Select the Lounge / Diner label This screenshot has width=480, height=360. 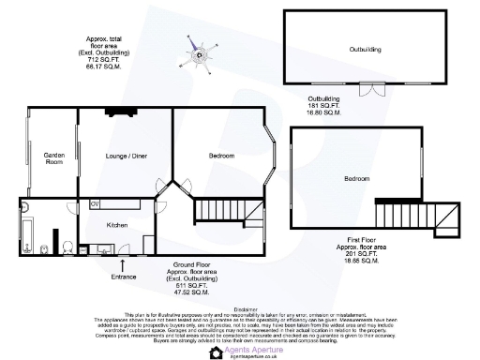coord(124,155)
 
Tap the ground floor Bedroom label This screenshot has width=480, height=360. coord(221,155)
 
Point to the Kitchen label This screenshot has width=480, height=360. coord(117,225)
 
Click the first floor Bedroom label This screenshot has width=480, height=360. coord(356,178)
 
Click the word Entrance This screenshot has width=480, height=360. coord(124,277)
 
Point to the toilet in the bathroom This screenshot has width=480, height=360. coord(46,248)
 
